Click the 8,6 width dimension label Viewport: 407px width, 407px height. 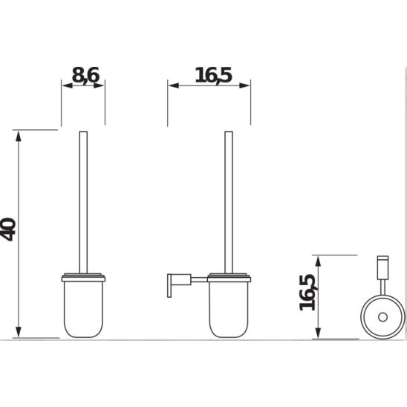85,75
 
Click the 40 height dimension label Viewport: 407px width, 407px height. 8,229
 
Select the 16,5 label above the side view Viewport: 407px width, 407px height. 213,75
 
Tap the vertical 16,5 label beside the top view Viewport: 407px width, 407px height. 307,293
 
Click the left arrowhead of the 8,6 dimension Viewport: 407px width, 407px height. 68,85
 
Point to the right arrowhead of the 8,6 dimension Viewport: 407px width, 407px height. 100,85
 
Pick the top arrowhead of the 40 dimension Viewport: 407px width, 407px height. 18,137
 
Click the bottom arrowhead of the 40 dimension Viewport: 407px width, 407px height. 18,332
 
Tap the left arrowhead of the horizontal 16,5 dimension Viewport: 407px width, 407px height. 174,85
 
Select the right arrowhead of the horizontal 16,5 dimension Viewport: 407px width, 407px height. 244,85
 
